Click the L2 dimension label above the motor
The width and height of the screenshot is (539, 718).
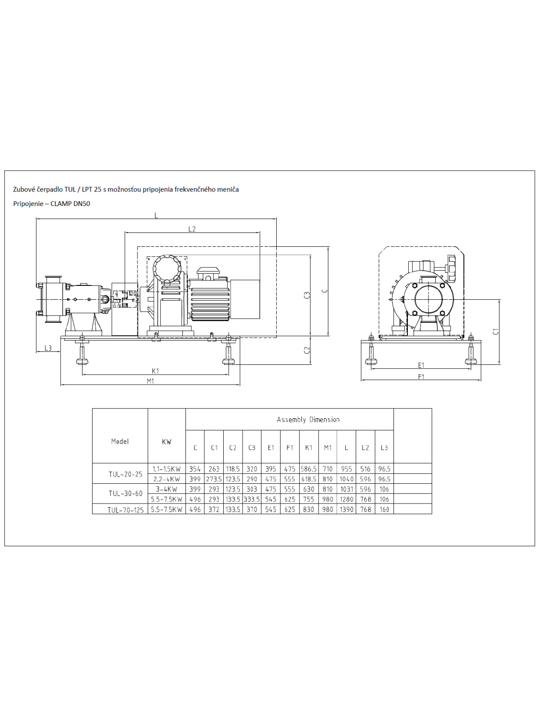pos(192,229)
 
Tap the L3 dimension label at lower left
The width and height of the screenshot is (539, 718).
pos(48,348)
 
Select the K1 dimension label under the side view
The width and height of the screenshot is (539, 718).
pos(155,371)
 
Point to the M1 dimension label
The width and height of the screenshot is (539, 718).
pos(150,381)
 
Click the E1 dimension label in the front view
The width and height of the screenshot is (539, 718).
pos(421,365)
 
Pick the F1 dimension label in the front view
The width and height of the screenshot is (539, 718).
pos(421,377)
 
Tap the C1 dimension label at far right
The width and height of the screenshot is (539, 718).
pos(496,331)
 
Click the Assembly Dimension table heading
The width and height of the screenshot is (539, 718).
pos(308,420)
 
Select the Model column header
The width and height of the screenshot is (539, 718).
pos(120,441)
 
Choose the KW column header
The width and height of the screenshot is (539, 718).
pos(167,442)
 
